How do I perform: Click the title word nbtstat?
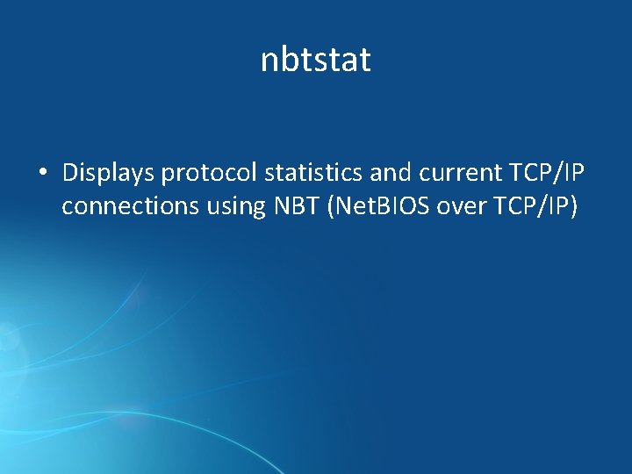[316, 61]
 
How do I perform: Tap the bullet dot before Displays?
[42, 174]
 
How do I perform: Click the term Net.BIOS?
[370, 207]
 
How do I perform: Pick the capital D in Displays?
[70, 174]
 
